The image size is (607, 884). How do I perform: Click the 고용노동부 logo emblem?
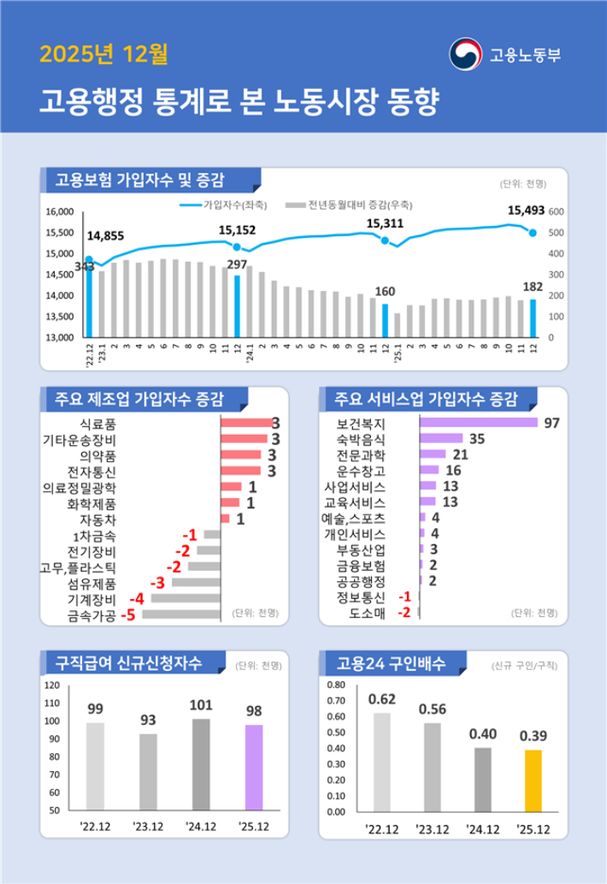pyautogui.click(x=467, y=54)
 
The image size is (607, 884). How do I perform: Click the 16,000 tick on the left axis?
pyautogui.click(x=61, y=211)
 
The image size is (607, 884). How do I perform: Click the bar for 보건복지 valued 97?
pyautogui.click(x=479, y=423)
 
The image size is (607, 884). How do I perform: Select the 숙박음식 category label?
pyautogui.click(x=362, y=439)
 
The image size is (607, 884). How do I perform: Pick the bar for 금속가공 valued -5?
pyautogui.click(x=181, y=614)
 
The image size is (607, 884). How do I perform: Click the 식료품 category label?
pyautogui.click(x=97, y=423)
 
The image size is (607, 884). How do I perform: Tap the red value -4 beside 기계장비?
pyautogui.click(x=136, y=598)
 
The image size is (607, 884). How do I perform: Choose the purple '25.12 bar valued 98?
pyautogui.click(x=254, y=767)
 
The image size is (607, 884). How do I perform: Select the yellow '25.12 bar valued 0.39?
pyautogui.click(x=533, y=780)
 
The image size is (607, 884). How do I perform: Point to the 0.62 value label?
pyautogui.click(x=381, y=699)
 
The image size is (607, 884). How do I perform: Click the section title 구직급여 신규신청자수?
pyautogui.click(x=129, y=662)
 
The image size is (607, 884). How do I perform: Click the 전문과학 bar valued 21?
pyautogui.click(x=433, y=454)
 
